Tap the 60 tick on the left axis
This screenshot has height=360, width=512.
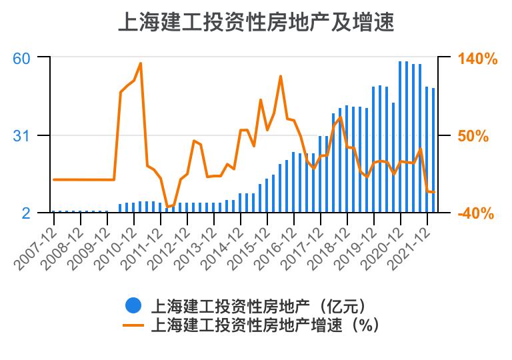tap(22, 58)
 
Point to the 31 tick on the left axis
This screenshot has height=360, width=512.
tap(22, 136)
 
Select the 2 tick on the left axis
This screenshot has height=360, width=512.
tap(26, 213)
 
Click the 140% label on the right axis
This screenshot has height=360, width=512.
tap(477, 59)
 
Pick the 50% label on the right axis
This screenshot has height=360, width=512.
tap(473, 136)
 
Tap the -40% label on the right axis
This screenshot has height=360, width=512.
tap(476, 213)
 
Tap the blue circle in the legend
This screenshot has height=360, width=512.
tap(133, 306)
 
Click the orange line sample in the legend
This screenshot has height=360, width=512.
tap(133, 325)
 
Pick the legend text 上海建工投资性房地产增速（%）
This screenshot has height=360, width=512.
tap(265, 325)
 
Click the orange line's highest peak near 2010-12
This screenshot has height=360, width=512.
tap(141, 63)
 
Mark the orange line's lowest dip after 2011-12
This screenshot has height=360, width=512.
tap(167, 207)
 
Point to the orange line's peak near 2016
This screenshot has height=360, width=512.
tap(281, 76)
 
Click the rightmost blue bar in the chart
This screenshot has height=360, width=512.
tap(433, 150)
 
